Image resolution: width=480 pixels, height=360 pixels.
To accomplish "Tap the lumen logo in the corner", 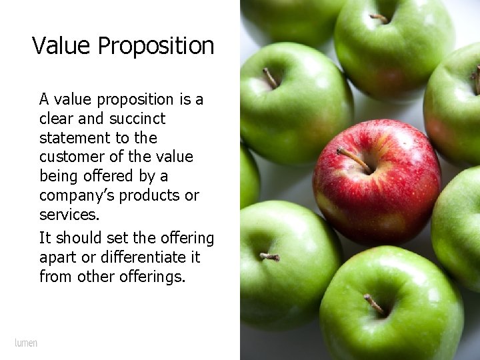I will tap(26, 343).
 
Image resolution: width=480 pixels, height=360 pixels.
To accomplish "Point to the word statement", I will tap(71, 138).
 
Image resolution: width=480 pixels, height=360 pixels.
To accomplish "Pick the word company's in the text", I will tap(73, 196).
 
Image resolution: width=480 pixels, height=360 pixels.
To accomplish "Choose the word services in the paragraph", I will tap(69, 215).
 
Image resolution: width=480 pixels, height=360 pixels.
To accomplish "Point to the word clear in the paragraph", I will tap(57, 119).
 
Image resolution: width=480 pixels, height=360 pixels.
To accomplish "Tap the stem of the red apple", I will tap(353, 158).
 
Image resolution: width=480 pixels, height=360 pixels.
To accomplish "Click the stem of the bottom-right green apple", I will tap(373, 305).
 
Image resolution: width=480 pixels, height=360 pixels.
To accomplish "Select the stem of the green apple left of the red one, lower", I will tap(269, 256).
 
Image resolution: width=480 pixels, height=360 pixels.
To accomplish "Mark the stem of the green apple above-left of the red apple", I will tap(269, 78).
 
